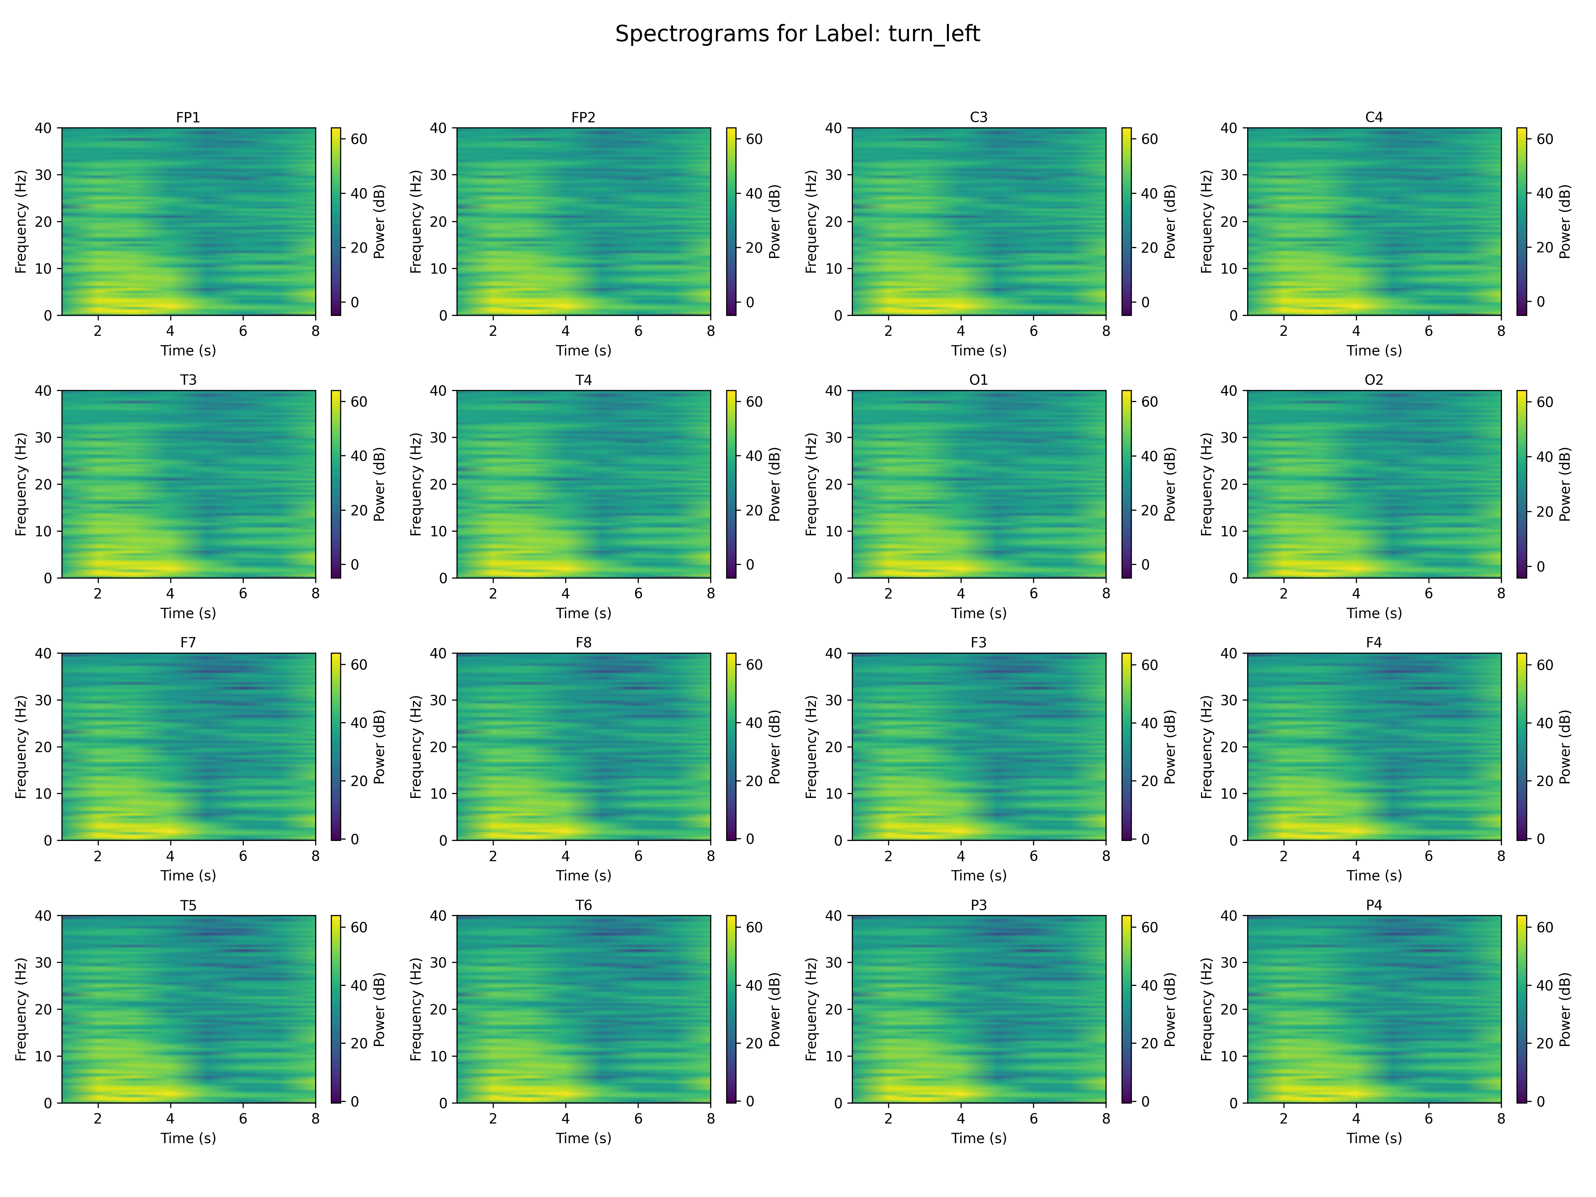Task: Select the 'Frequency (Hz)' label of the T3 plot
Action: (21, 484)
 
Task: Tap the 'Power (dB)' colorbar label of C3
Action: (1170, 221)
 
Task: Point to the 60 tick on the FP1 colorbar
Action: (358, 139)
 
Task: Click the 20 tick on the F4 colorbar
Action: (1545, 781)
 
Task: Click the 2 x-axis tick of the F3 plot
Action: (888, 857)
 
